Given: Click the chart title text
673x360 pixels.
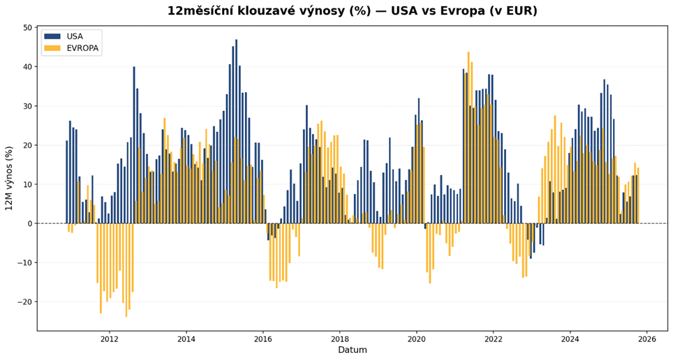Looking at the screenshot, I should tap(352, 11).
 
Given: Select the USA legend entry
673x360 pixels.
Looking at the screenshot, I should tap(75, 36).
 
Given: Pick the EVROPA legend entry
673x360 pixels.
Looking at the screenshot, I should tap(82, 49).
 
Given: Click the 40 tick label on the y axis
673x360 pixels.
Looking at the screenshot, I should tap(28, 67).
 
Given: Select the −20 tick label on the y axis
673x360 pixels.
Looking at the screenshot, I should tap(25, 302).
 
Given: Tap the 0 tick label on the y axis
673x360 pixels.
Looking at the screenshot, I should tap(30, 224).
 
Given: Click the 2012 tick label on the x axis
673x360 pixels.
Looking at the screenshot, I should tap(109, 340).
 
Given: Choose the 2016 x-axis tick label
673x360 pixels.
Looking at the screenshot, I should tap(262, 340).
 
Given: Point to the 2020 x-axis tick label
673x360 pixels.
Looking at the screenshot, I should tap(416, 340).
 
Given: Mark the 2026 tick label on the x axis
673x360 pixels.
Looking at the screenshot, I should tap(646, 340).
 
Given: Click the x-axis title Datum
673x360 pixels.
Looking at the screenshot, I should tap(352, 350).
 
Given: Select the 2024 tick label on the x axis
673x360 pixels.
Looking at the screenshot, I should tap(570, 340).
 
